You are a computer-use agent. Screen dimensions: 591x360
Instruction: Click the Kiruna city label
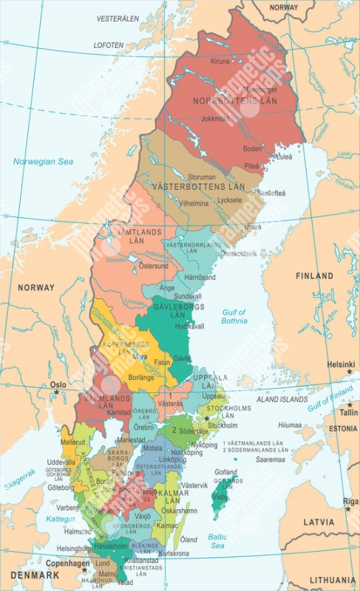pyautogui.click(x=220, y=61)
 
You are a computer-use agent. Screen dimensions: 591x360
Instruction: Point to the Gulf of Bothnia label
pyautogui.click(x=234, y=317)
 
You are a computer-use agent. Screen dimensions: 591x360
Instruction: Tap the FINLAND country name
pyautogui.click(x=315, y=276)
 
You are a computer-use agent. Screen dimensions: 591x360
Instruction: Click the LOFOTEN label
pyautogui.click(x=109, y=45)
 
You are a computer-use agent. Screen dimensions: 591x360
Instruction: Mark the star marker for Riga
pyautogui.click(x=347, y=509)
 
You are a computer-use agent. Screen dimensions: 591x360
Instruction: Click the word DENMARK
pyautogui.click(x=35, y=574)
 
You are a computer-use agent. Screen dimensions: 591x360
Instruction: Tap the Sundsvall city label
pyautogui.click(x=187, y=295)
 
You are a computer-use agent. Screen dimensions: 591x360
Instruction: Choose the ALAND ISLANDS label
pyautogui.click(x=282, y=399)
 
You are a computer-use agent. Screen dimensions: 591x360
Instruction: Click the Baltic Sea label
pyautogui.click(x=217, y=541)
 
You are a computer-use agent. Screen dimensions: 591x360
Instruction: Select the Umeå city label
pyautogui.click(x=252, y=227)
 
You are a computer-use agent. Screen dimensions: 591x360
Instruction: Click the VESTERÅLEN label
pyautogui.click(x=119, y=17)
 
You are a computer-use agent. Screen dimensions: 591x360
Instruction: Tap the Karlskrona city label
pyautogui.click(x=175, y=553)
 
